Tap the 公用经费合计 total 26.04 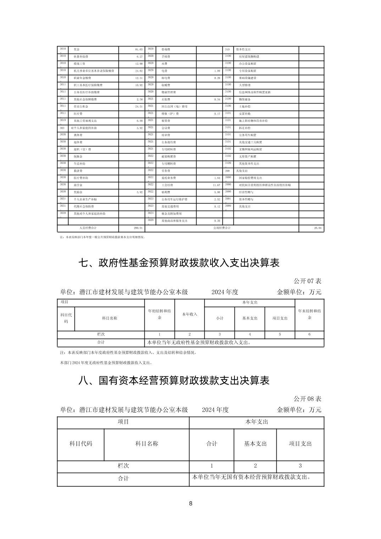(317, 228)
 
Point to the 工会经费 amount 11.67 (216, 185)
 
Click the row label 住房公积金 (81, 107)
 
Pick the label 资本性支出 (243, 50)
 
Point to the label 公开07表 (307, 281)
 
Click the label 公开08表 (307, 399)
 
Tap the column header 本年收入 (189, 314)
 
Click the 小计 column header (220, 318)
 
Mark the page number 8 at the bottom (190, 504)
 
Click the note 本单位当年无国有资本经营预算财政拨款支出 (252, 477)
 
